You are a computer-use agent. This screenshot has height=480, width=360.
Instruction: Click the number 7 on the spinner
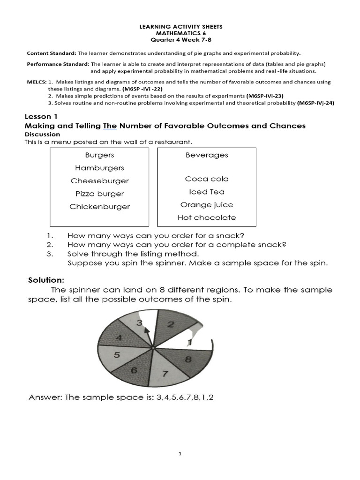tap(165, 374)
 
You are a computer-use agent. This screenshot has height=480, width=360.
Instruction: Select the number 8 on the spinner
tap(188, 360)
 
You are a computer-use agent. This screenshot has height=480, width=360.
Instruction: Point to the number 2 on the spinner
tap(171, 324)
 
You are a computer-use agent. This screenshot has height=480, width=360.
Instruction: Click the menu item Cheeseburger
tap(99, 181)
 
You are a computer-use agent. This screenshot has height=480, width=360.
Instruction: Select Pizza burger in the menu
tap(99, 194)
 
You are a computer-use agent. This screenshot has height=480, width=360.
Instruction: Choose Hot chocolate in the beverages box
tap(206, 217)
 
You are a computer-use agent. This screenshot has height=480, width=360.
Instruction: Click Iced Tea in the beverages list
tap(206, 192)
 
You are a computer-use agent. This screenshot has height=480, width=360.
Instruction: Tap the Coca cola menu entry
tap(206, 179)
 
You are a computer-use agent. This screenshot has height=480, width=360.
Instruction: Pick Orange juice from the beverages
tap(206, 205)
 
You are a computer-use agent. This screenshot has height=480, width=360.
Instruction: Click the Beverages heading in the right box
tap(206, 155)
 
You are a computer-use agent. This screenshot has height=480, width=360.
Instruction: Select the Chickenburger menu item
tap(99, 207)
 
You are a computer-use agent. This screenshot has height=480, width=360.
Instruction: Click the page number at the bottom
tap(180, 453)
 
